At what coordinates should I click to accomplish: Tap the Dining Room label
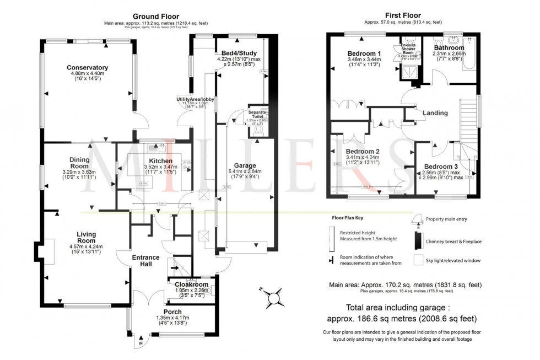(79, 163)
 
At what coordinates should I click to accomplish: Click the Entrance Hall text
(145, 261)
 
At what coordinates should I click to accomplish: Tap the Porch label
(172, 311)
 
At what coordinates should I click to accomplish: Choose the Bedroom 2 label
(362, 151)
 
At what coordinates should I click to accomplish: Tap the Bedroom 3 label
(441, 166)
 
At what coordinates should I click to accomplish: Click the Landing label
(435, 113)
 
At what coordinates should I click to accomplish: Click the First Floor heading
(402, 15)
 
